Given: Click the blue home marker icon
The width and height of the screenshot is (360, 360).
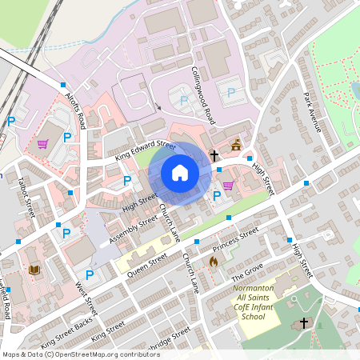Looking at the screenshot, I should click(x=180, y=172).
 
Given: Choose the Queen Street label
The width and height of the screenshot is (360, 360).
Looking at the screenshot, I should click(x=146, y=265).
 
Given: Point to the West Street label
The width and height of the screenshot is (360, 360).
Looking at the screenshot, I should click(x=86, y=296).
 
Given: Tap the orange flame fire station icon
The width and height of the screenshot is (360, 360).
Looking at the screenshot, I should click(x=213, y=262).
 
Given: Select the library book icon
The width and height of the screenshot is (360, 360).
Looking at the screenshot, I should click(x=34, y=270).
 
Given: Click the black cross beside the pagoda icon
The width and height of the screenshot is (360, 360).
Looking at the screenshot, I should click(x=214, y=153).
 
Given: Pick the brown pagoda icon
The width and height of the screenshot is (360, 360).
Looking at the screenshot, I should click(x=235, y=146).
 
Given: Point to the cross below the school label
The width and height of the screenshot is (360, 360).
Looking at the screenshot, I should click(x=303, y=323).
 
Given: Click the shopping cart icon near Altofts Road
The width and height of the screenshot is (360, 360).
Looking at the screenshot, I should click(x=42, y=145).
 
